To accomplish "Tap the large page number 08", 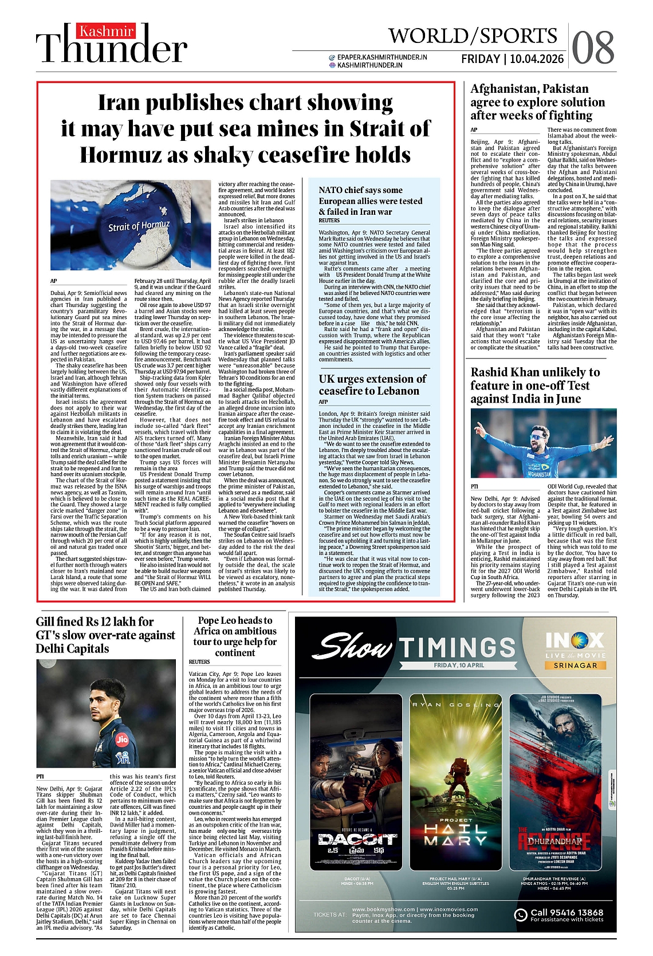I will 593,48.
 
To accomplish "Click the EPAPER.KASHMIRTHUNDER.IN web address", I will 382,57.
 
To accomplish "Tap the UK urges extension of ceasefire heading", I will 372,385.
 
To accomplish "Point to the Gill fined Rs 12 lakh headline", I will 105,635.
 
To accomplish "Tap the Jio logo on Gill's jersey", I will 121,739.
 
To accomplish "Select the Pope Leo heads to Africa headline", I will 235,636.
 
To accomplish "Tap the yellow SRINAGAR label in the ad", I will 575,665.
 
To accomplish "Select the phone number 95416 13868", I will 567,912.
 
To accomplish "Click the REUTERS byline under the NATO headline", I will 329,221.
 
